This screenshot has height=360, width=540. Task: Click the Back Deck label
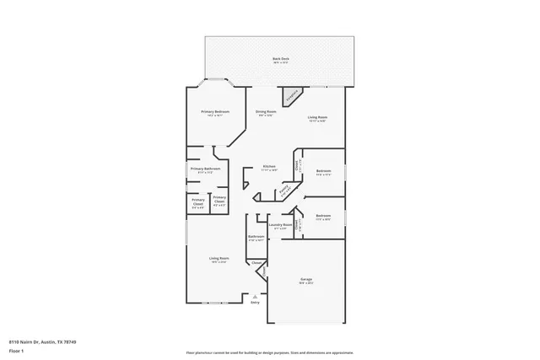tap(280, 58)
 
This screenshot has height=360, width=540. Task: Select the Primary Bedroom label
tap(215, 112)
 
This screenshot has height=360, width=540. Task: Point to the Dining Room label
tap(264, 112)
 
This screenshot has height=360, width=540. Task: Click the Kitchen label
tap(269, 166)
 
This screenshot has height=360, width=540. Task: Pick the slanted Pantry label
tap(286, 191)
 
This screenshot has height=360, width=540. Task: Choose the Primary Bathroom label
tap(206, 169)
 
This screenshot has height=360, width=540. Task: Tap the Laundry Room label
tap(280, 225)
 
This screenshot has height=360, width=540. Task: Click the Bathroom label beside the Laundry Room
tap(256, 237)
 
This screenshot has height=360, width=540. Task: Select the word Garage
tap(307, 279)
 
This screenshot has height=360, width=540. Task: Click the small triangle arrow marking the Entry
tap(256, 295)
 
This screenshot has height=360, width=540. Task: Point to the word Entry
tap(256, 303)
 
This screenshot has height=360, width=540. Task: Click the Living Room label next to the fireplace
tap(317, 117)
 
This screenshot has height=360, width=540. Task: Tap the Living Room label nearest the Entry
tap(219, 258)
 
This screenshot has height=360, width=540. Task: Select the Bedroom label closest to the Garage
tap(323, 216)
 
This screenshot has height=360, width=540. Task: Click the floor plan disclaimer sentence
tap(269, 352)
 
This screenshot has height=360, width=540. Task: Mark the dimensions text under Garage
tap(307, 284)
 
